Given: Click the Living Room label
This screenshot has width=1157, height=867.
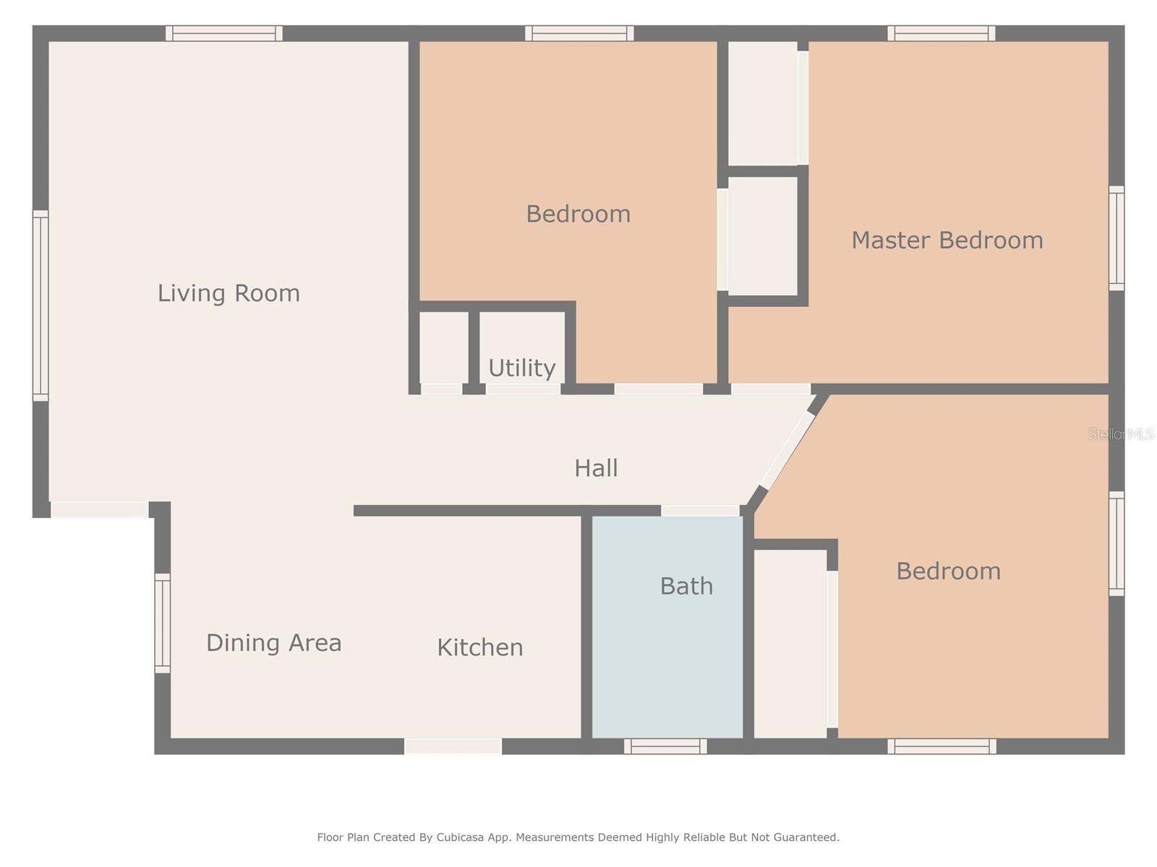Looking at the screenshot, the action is click(229, 293).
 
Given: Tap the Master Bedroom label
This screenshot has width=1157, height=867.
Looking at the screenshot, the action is click(947, 241).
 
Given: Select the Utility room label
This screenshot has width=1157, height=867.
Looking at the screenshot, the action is click(522, 368).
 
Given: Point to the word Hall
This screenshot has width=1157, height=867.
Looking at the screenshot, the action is click(596, 468).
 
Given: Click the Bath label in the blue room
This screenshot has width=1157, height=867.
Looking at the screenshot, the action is click(686, 586).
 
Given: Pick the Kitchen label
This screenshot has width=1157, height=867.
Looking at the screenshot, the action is click(480, 647).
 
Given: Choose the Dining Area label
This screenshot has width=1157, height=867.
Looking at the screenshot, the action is click(273, 643).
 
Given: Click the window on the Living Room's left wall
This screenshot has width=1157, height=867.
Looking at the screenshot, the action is click(40, 306).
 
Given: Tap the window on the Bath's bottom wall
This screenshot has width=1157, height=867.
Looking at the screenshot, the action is click(665, 746).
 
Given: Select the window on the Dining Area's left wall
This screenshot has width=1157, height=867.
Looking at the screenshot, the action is click(163, 624).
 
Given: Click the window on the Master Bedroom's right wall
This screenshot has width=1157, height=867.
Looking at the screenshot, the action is click(1117, 238).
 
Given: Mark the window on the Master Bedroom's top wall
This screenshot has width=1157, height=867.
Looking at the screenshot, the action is click(942, 33).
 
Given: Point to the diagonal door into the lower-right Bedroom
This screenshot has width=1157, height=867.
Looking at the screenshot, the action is click(787, 451).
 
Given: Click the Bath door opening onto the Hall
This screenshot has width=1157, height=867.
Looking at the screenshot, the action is click(700, 510).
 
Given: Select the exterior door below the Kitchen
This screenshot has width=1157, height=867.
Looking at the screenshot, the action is click(453, 746).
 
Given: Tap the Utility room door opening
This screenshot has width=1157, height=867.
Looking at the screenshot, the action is click(523, 389).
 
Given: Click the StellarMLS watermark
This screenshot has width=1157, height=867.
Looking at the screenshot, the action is click(1121, 434).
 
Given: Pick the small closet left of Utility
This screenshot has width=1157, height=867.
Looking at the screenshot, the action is click(444, 348).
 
